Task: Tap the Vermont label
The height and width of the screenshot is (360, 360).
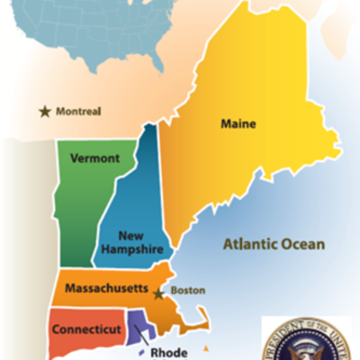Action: coord(94,158)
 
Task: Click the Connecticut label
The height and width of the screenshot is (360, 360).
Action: coord(86,329)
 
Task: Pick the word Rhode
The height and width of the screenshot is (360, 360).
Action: coord(169,353)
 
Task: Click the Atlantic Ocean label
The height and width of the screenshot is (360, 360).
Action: coord(274,243)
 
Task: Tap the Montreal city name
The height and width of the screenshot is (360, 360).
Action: coord(78,112)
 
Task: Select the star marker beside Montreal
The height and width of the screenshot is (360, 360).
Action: coord(44,112)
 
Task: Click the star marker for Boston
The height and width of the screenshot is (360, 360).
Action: coord(158,293)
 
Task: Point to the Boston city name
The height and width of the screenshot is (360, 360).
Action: coord(189,291)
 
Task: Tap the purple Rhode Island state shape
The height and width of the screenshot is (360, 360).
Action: coord(140,324)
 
